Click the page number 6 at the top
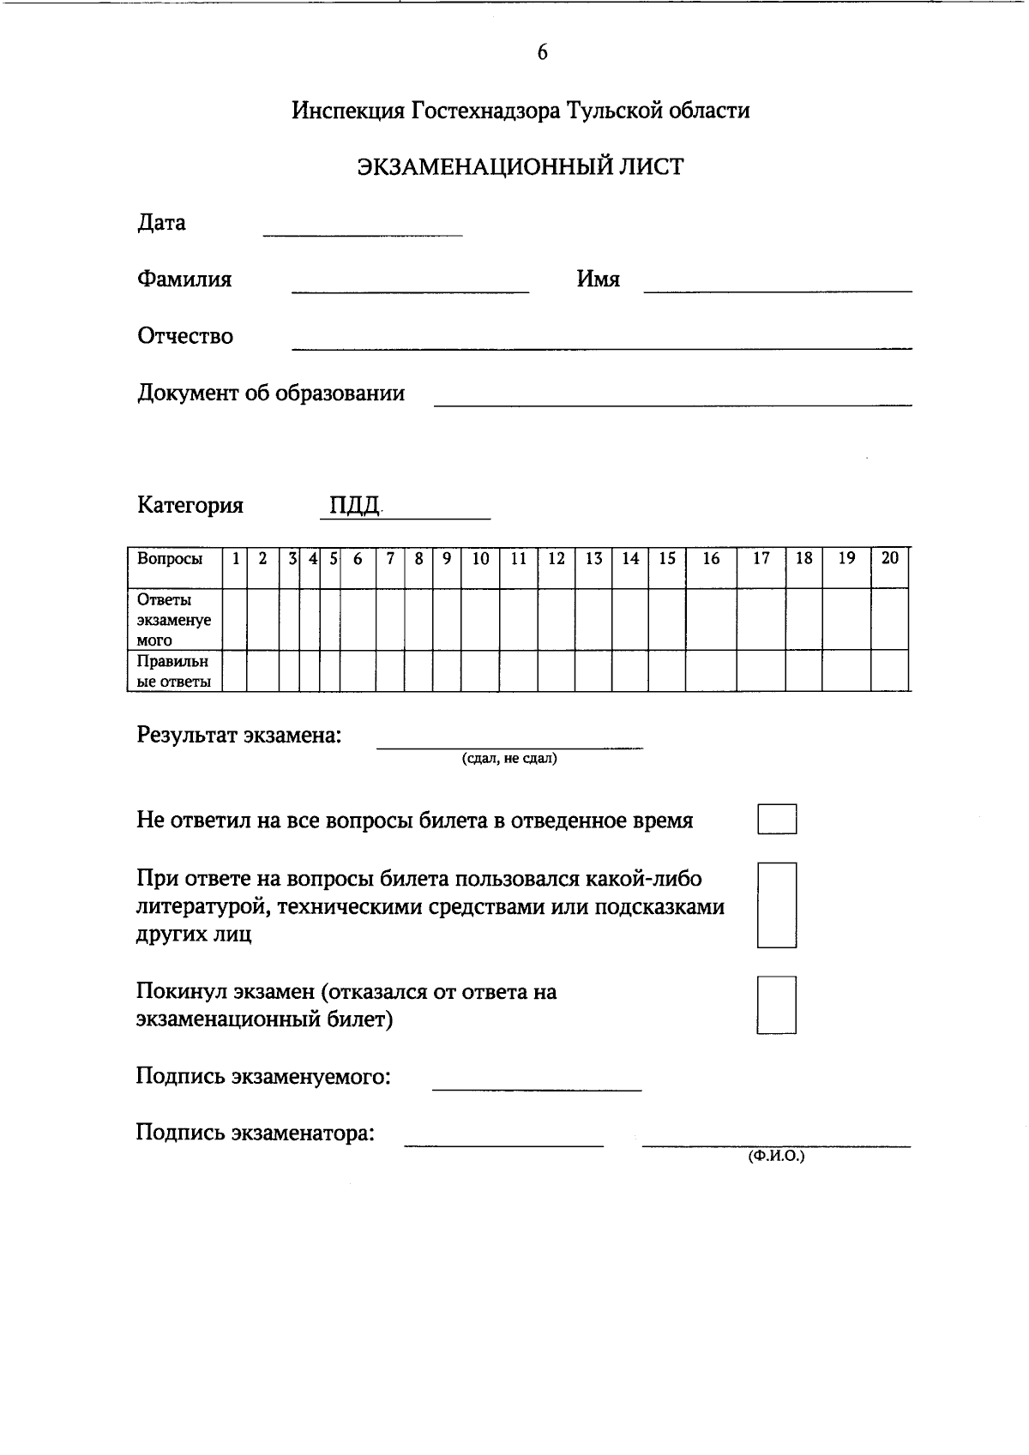[x=542, y=53]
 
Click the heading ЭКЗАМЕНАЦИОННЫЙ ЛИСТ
[x=521, y=166]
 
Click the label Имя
[x=598, y=280]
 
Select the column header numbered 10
[x=480, y=559]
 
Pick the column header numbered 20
[x=890, y=559]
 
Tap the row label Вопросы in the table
[x=170, y=559]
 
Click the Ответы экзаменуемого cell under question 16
[x=711, y=619]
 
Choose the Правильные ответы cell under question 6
[x=358, y=670]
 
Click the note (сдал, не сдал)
[x=509, y=759]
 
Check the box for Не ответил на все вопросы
[x=777, y=819]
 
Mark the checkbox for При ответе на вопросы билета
[x=777, y=905]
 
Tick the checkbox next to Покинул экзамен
[x=777, y=1004]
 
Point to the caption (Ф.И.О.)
[x=776, y=1156]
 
